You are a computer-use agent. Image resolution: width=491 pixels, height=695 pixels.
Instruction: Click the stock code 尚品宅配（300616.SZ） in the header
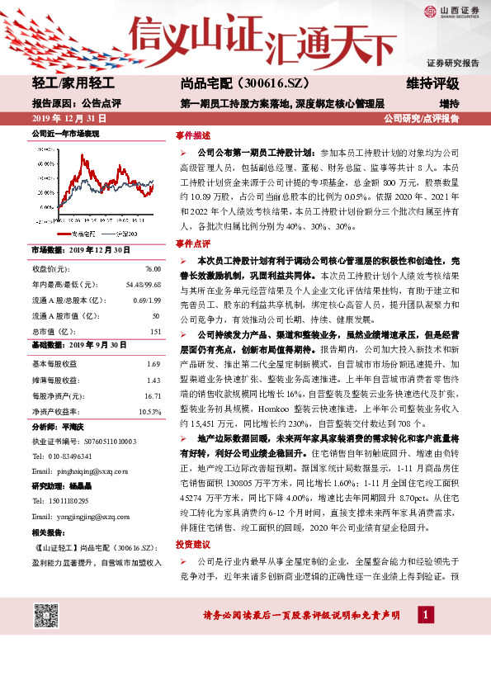click(234, 83)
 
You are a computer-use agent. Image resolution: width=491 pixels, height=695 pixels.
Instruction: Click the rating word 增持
click(449, 104)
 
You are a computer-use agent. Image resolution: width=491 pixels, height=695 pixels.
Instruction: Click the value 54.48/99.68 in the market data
click(142, 285)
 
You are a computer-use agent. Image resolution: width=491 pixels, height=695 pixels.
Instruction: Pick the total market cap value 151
click(154, 332)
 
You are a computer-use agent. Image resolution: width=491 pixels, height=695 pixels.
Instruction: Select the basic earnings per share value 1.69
click(153, 364)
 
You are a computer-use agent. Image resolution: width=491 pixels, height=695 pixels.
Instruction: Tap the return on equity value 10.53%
click(149, 411)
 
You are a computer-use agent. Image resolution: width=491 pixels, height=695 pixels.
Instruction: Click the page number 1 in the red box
click(424, 615)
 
